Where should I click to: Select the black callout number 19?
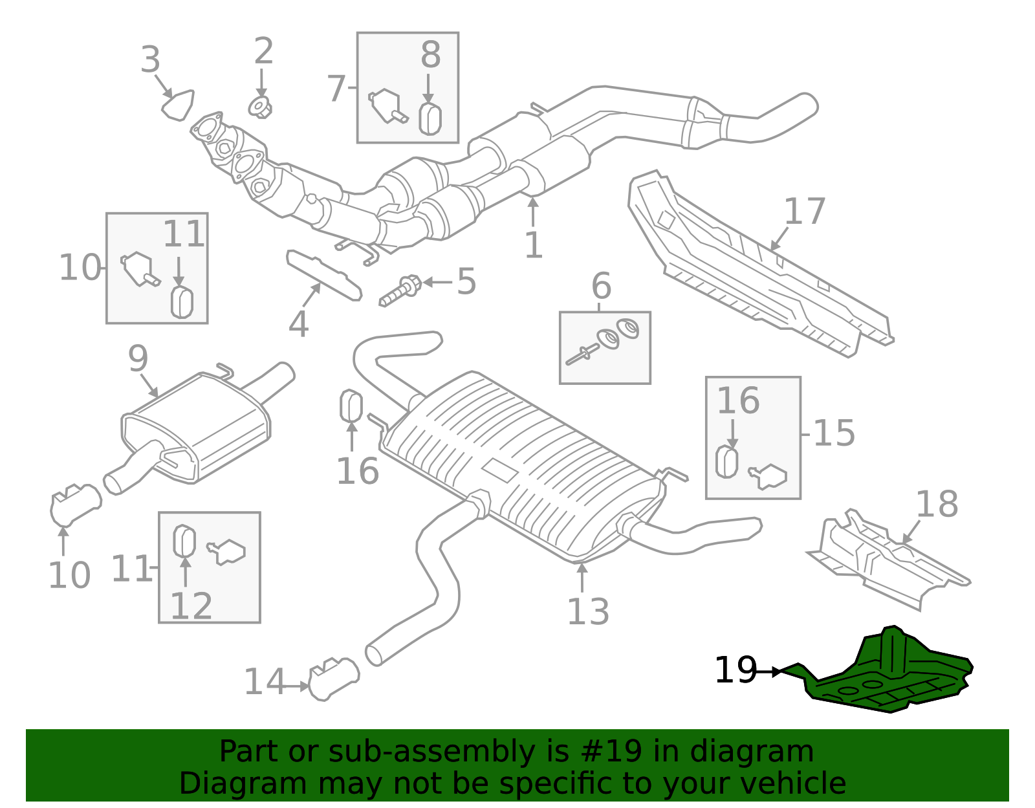735,671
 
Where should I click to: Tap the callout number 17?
805,212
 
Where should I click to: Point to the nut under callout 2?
260,107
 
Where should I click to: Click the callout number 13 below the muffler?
588,611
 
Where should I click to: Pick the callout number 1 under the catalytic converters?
533,245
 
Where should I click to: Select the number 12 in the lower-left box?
191,606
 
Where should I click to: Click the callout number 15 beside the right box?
834,433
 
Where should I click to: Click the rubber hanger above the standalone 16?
351,406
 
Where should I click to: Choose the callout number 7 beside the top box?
336,88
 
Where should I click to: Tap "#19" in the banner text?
607,752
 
